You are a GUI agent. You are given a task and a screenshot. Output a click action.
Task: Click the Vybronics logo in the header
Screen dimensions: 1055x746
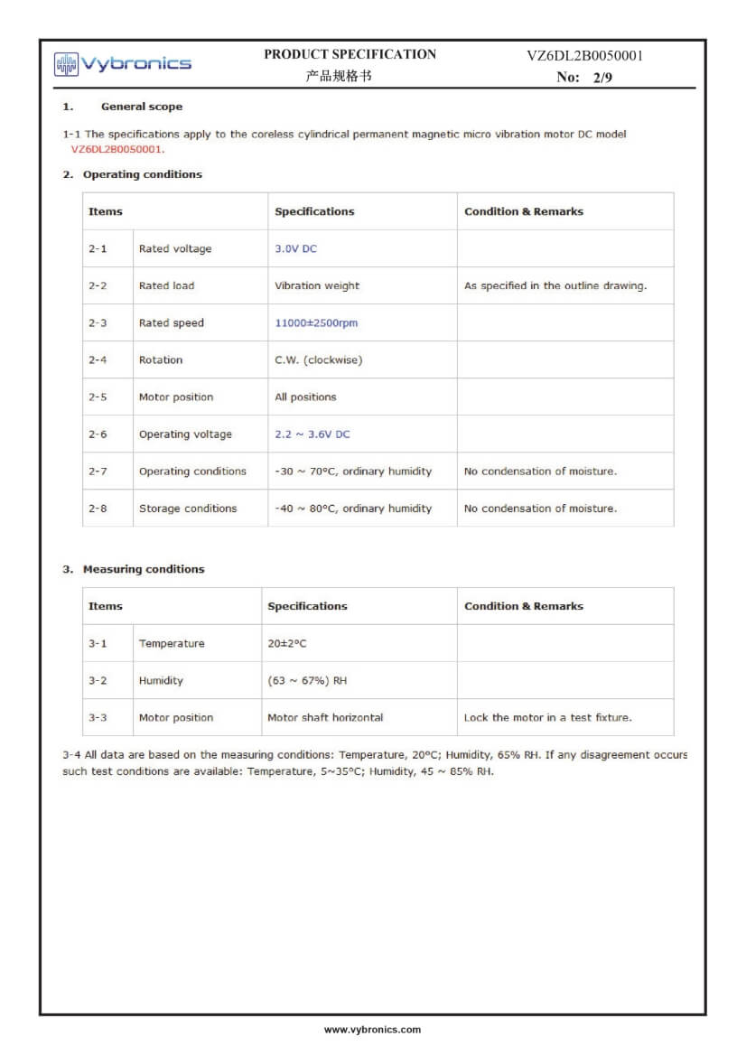click(123, 63)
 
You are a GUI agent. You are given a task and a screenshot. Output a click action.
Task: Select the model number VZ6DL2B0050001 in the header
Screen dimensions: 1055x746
click(584, 56)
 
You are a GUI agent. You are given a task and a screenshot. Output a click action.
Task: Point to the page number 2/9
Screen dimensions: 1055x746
click(602, 78)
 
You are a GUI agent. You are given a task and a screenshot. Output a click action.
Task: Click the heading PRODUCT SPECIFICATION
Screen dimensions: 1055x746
click(350, 54)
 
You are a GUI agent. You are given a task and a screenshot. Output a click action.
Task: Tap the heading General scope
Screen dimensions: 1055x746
click(141, 107)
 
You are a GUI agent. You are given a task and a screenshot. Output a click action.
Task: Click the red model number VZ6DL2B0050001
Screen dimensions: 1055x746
click(117, 149)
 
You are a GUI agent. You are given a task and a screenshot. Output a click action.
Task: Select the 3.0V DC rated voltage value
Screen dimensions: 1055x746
click(296, 248)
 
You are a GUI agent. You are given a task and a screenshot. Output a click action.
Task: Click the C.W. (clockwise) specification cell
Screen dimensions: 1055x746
click(318, 359)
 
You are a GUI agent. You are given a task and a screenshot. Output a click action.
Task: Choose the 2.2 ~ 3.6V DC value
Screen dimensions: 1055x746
click(312, 434)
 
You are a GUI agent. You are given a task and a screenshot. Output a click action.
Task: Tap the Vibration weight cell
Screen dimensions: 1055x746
click(317, 285)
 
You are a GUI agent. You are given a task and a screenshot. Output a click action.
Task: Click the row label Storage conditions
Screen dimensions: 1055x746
click(188, 509)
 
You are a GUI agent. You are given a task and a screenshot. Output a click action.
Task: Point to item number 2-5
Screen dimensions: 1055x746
click(98, 397)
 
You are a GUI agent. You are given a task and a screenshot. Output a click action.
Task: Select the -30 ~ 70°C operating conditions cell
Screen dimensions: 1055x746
click(353, 471)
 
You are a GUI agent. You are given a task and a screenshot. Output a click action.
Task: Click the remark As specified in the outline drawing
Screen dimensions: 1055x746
click(555, 285)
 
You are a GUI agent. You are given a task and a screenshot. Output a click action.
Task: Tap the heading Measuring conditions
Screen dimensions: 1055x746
click(144, 569)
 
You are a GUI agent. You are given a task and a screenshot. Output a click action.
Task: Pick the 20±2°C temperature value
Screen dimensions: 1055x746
click(287, 644)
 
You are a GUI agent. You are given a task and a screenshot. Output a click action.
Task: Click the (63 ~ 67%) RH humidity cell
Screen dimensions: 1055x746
click(307, 681)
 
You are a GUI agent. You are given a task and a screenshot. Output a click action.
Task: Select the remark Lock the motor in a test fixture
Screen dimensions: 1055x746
click(547, 718)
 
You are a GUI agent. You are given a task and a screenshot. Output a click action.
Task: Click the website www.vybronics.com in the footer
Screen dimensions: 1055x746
click(372, 1030)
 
